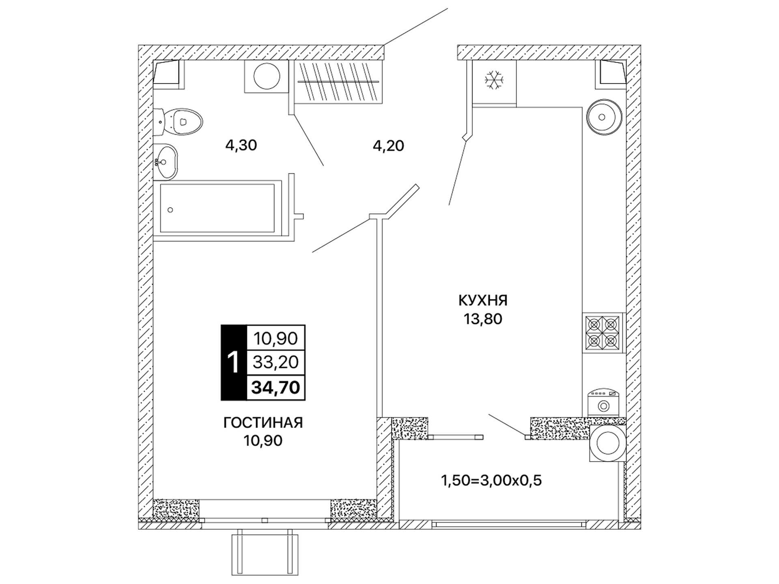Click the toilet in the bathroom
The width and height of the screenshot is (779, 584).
click(x=179, y=122)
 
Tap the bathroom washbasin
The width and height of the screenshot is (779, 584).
click(x=166, y=162)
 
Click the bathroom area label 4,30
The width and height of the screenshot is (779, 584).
click(x=241, y=145)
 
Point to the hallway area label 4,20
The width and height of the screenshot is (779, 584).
click(x=388, y=146)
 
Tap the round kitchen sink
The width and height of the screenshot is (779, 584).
click(x=604, y=117)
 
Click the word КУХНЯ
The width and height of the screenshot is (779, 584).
click(x=483, y=301)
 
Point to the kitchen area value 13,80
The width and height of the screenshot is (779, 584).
click(x=483, y=319)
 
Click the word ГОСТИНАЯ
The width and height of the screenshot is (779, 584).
click(x=263, y=423)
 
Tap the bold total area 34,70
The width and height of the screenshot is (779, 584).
click(x=276, y=387)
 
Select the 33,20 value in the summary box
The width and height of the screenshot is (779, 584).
click(x=276, y=362)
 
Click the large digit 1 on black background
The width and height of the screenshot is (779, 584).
click(x=233, y=363)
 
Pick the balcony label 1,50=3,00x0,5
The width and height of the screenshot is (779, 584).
click(x=491, y=481)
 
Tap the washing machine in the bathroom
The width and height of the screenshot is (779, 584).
click(x=267, y=76)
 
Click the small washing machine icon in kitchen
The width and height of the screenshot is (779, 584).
click(x=603, y=402)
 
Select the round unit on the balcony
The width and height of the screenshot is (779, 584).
click(x=607, y=442)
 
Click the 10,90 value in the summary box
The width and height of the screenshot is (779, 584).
click(x=276, y=338)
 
